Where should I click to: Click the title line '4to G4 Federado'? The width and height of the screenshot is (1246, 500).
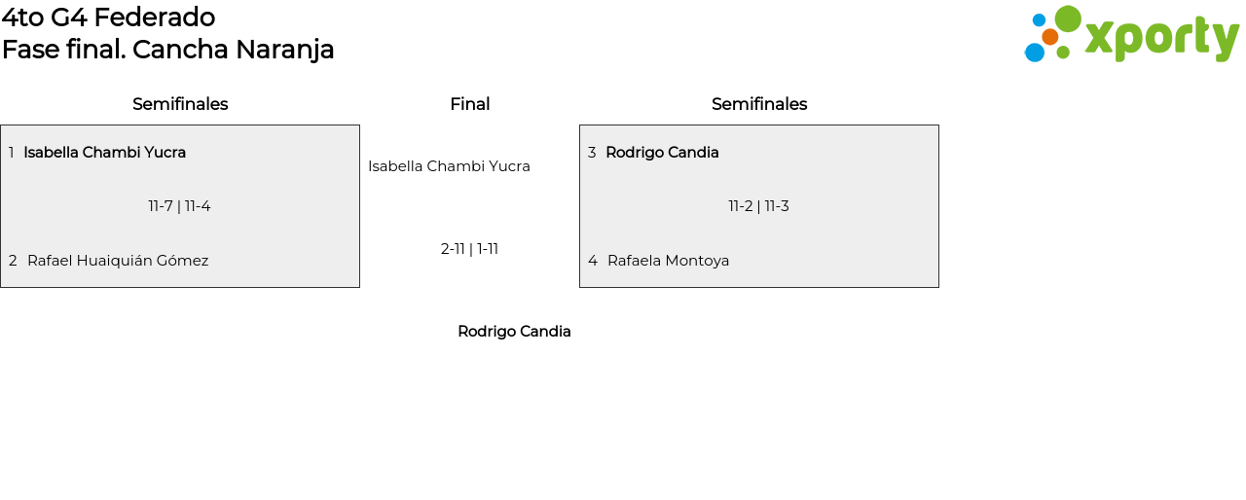coord(108,18)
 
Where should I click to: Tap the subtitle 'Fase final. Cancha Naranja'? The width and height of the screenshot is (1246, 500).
coord(167,50)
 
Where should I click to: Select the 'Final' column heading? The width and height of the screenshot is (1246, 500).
coord(469,104)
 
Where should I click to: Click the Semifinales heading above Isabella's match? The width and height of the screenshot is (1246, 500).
coord(180,104)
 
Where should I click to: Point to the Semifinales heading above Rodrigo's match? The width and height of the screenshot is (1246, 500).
coord(759,104)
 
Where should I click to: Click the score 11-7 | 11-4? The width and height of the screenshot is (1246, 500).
coord(179,206)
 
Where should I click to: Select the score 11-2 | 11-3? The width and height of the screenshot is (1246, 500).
coord(758,206)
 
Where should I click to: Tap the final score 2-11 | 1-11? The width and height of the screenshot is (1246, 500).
coord(469,249)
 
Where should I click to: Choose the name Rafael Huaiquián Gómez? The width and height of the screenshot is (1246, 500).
coord(118,261)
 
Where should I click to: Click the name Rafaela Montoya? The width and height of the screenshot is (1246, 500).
coord(668,261)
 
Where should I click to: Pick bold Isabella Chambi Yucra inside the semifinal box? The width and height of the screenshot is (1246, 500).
coord(104,153)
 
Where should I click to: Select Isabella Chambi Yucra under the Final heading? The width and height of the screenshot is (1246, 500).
coord(449,166)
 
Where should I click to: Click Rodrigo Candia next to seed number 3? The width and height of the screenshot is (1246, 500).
coord(662,153)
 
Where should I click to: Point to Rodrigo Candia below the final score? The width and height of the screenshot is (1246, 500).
coord(514,332)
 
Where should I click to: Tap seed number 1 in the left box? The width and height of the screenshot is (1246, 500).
coord(11,153)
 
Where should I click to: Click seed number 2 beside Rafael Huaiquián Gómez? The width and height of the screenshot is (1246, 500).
coord(13,261)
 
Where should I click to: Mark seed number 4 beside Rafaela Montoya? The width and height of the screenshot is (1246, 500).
coord(592,261)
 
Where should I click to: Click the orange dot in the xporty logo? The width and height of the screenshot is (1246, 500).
coord(1049,37)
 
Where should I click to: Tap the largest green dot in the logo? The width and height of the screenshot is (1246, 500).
coord(1068,18)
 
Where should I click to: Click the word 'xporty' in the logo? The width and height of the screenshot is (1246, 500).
coord(1161,38)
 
